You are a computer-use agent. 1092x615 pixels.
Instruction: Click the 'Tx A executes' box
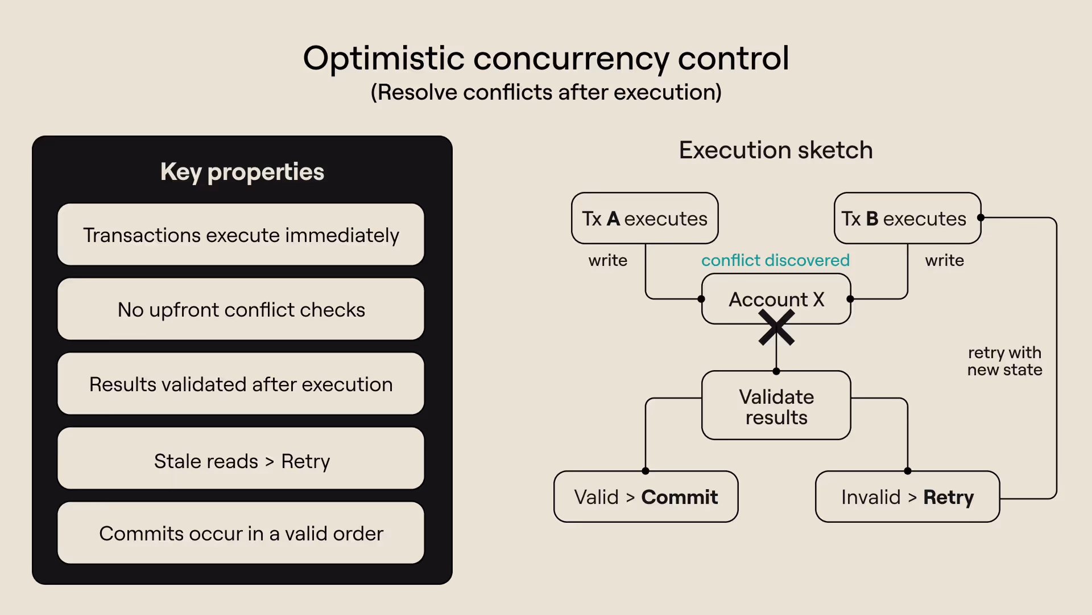coord(644,219)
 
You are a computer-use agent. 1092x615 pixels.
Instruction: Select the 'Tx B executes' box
coord(907,219)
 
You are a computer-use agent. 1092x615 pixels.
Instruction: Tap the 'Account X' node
coord(776,299)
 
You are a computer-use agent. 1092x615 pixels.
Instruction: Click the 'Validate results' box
coord(776,406)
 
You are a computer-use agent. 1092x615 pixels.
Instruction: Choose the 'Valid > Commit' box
coord(646,497)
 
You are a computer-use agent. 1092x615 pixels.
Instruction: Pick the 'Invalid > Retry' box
coord(907,497)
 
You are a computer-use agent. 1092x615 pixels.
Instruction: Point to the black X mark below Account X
coord(776,329)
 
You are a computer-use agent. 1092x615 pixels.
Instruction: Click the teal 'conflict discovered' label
coord(775,260)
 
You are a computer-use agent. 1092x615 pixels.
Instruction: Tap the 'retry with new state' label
coord(1004,361)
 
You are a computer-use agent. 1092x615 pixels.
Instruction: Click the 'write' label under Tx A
coord(608,260)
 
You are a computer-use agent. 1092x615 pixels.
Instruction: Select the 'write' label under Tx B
coord(944,260)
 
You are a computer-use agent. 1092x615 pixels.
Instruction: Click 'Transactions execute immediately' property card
coord(241,235)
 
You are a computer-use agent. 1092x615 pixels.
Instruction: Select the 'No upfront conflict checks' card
coord(241,309)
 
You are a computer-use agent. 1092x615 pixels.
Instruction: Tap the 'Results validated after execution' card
coord(241,384)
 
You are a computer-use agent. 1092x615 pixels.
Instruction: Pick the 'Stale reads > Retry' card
coord(241,460)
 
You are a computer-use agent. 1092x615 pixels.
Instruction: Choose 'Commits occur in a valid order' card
coord(241,533)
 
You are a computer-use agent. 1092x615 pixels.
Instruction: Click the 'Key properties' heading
coord(242,171)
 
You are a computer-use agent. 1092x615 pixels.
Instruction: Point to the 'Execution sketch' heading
coord(776,150)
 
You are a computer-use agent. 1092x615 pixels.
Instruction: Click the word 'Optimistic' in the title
coord(384,59)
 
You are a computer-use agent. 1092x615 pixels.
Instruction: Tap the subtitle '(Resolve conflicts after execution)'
coord(546,92)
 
